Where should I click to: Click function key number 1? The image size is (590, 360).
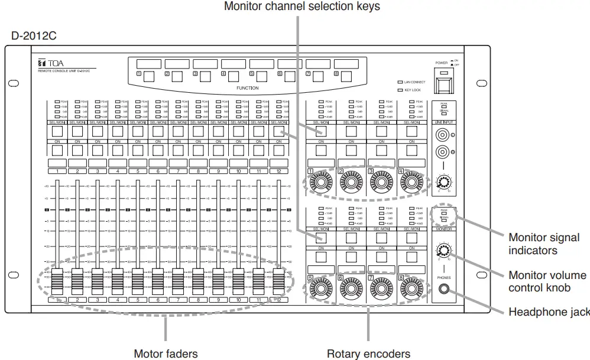(148, 76)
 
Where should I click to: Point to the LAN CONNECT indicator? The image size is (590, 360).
(400, 82)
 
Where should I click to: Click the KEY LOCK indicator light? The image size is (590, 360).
(400, 90)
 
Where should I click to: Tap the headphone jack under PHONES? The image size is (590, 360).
(443, 290)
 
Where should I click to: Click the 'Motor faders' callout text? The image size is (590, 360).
(166, 353)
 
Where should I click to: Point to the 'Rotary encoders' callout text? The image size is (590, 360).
(368, 353)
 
